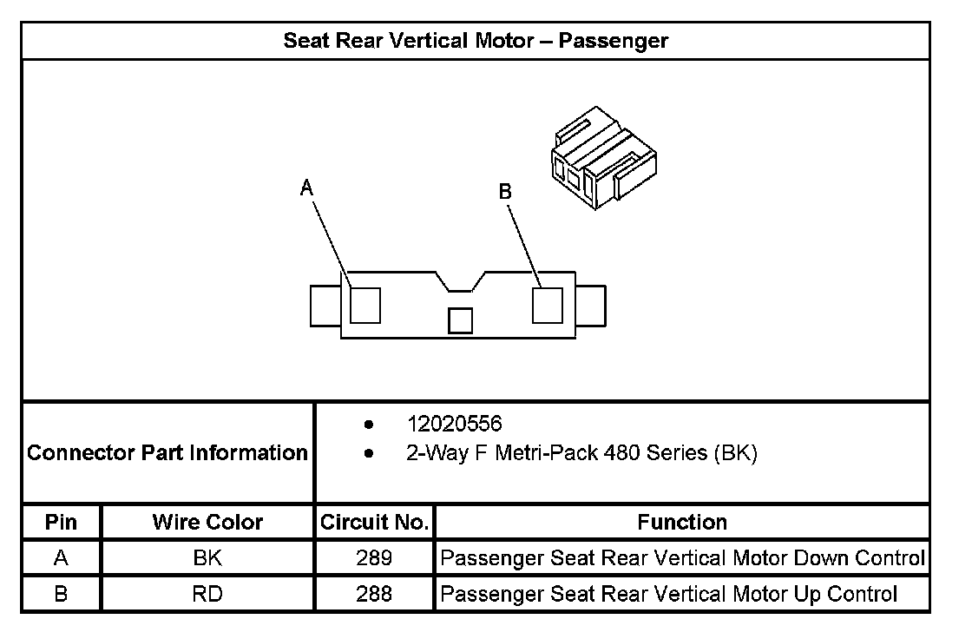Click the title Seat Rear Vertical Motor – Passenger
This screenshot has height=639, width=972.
tap(476, 41)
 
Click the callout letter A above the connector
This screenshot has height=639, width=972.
tap(306, 188)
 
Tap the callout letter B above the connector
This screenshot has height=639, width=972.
tap(505, 192)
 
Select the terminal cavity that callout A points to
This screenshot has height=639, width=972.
tap(365, 306)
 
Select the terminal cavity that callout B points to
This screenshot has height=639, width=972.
tap(548, 306)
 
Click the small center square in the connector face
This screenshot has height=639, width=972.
tap(460, 320)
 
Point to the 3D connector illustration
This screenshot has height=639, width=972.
tap(603, 157)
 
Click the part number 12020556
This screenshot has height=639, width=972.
tap(455, 424)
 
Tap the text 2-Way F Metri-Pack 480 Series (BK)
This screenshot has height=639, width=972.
tap(581, 453)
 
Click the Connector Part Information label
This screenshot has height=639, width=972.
tap(167, 452)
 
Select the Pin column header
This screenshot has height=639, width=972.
tap(61, 522)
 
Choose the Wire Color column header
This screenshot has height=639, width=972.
tap(207, 522)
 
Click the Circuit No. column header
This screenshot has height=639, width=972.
tap(374, 522)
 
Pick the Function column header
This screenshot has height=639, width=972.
tap(682, 522)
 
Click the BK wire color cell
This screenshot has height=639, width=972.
tap(207, 557)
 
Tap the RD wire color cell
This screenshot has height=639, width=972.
tap(207, 594)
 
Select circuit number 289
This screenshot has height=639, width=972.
tap(374, 557)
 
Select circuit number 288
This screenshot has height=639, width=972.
tap(374, 594)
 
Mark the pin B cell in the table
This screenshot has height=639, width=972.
tap(61, 594)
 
